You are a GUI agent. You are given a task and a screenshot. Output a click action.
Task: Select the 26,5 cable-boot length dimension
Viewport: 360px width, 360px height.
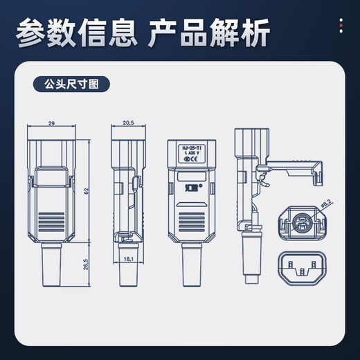86,267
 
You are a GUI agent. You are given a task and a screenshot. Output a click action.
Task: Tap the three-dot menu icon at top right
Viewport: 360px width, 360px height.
340,26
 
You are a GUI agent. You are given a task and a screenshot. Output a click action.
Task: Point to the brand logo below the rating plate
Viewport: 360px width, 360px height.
190,188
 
